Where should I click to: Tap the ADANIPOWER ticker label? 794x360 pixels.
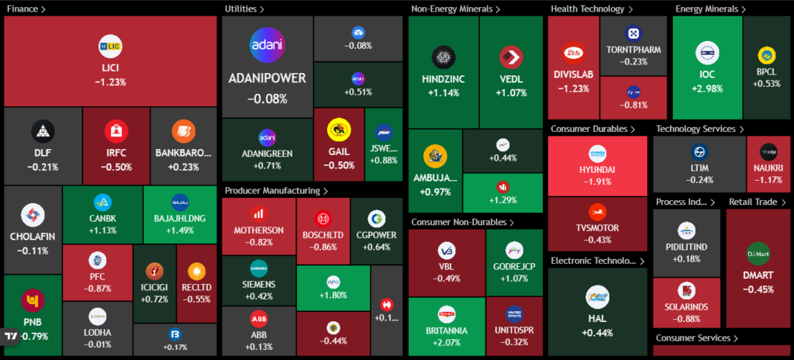267,78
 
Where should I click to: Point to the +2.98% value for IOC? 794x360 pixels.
706,88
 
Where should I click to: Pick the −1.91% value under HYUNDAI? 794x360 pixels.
596,182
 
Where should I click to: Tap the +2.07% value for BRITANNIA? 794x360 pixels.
446,342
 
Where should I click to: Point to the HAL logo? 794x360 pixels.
597,296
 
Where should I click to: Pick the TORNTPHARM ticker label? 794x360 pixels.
633,50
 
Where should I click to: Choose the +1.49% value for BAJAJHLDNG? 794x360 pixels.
180,230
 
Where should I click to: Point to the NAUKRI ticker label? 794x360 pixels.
768,168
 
